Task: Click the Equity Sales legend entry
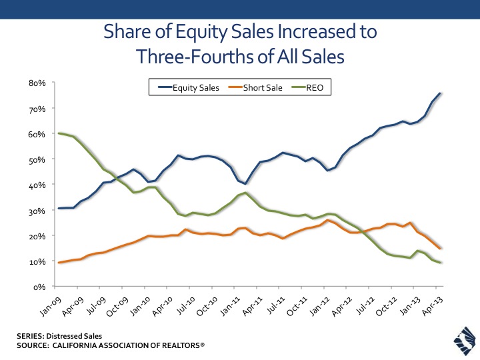click(x=191, y=87)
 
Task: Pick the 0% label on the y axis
click(x=39, y=287)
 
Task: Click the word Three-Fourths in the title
click(x=193, y=57)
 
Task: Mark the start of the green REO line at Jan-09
click(x=60, y=133)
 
